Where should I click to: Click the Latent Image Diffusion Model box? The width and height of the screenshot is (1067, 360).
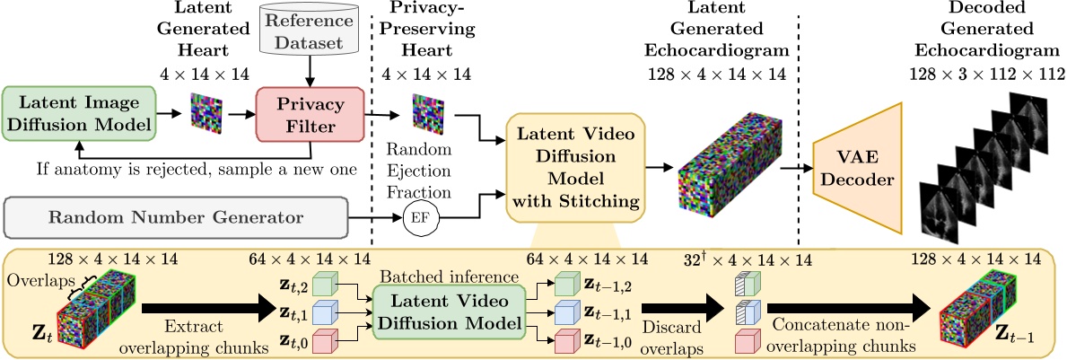(x=78, y=114)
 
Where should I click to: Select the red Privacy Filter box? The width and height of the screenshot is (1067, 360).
(x=310, y=115)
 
